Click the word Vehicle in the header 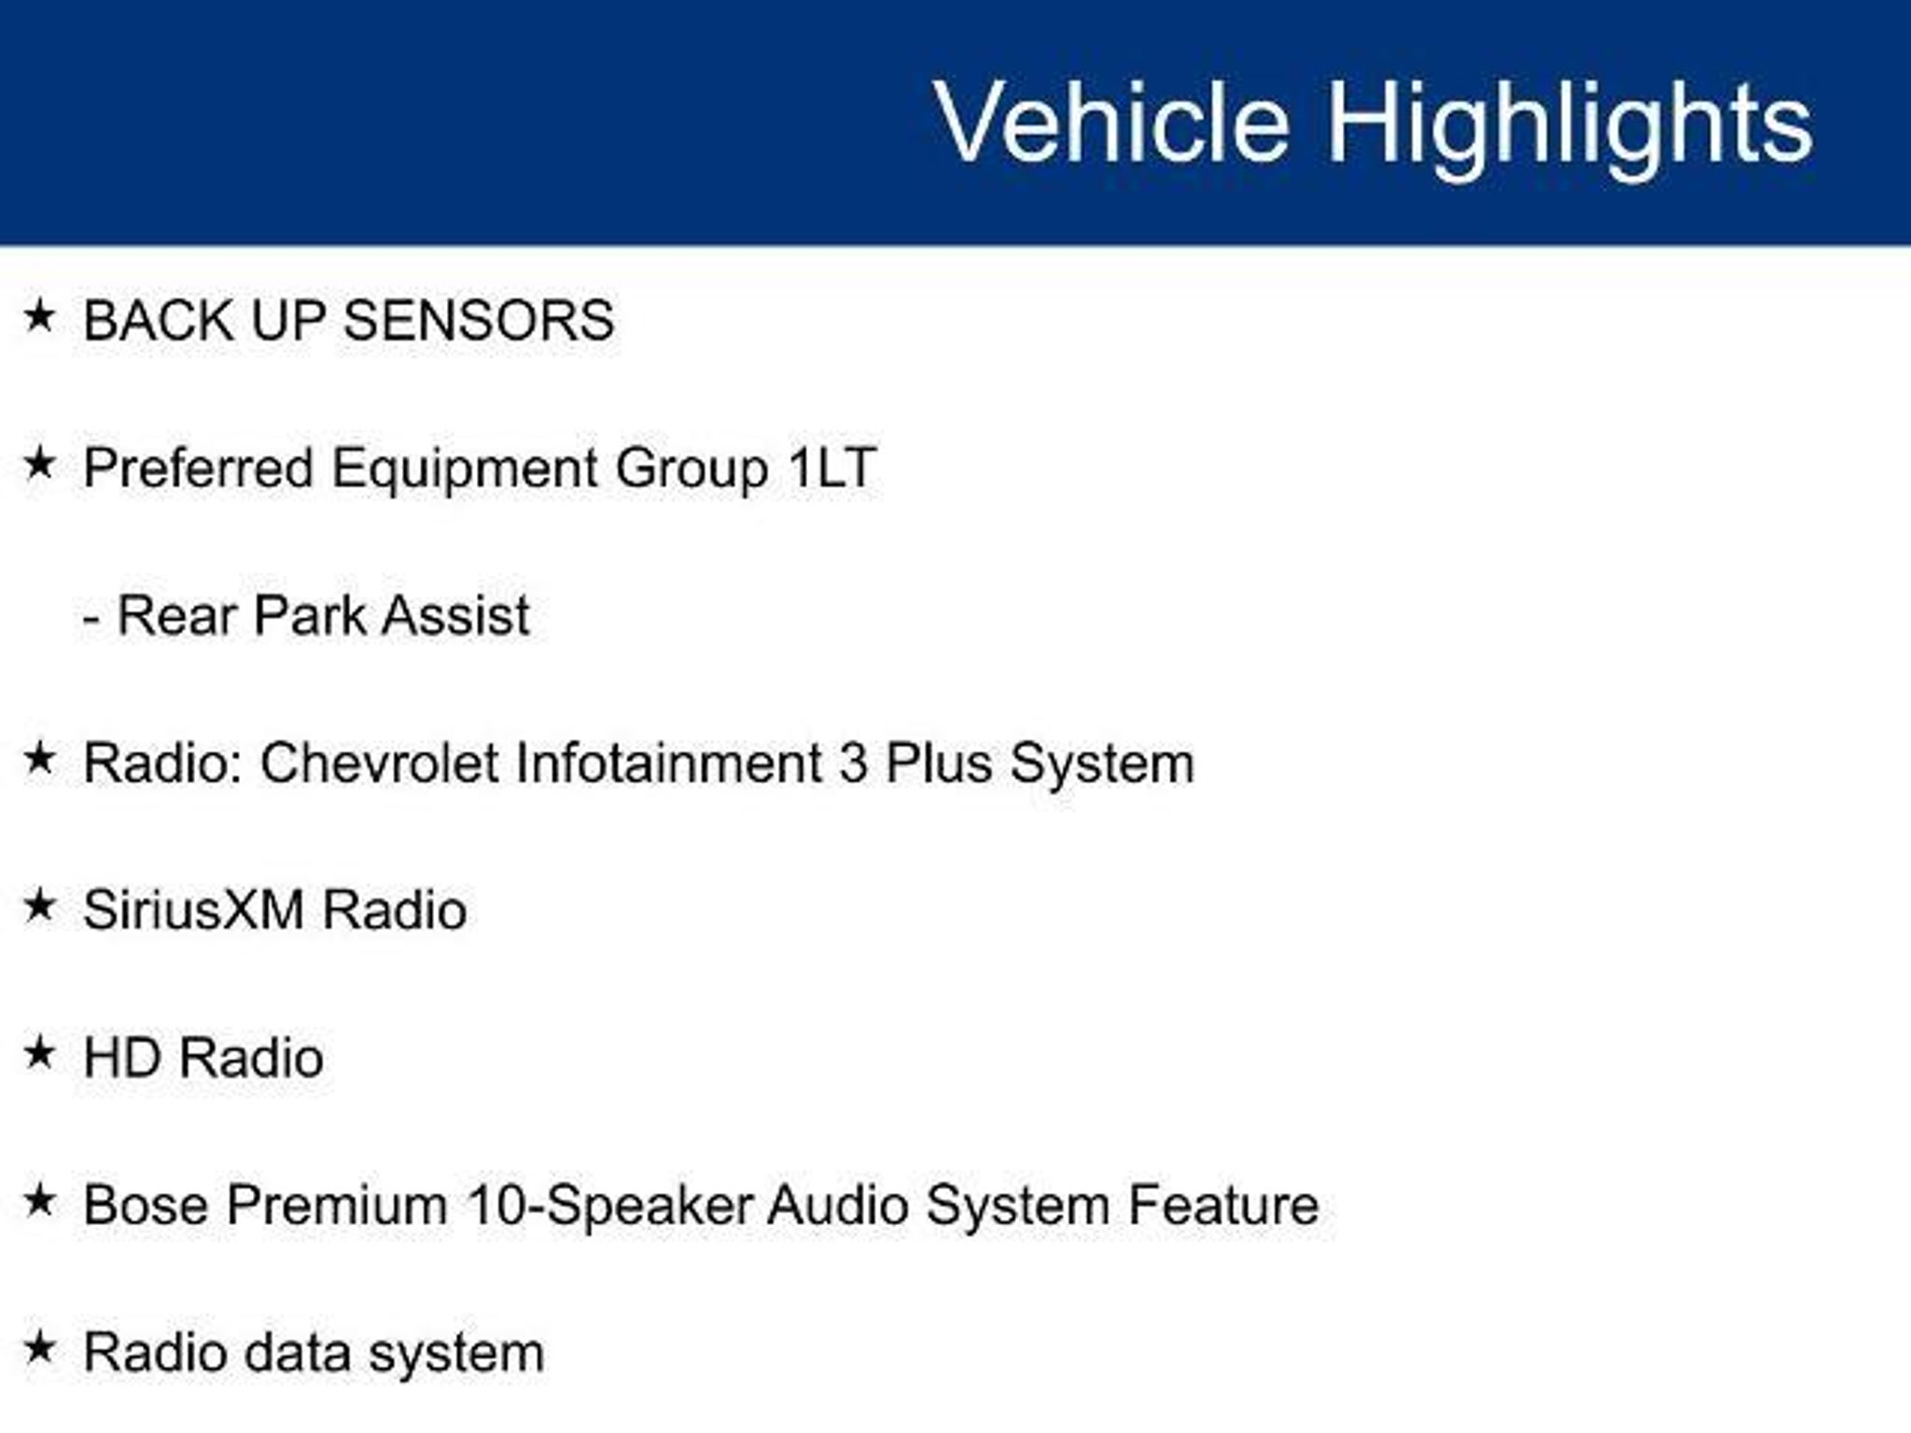1112,121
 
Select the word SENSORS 479,321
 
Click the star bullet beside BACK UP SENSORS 39,316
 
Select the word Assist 455,616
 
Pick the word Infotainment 668,763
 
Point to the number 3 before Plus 853,763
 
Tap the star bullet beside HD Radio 39,1053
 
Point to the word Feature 1223,1205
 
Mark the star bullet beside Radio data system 39,1348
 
